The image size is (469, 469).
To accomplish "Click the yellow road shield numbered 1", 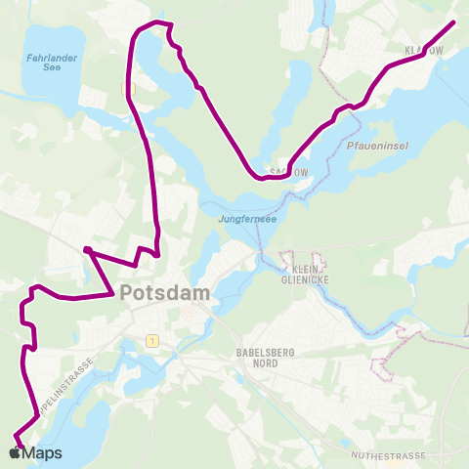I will [x=152, y=340].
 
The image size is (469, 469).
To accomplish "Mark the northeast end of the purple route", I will [x=453, y=21].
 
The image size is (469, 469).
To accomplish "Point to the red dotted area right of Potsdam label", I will [x=189, y=312].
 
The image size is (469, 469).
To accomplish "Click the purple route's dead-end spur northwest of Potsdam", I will [x=86, y=250].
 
